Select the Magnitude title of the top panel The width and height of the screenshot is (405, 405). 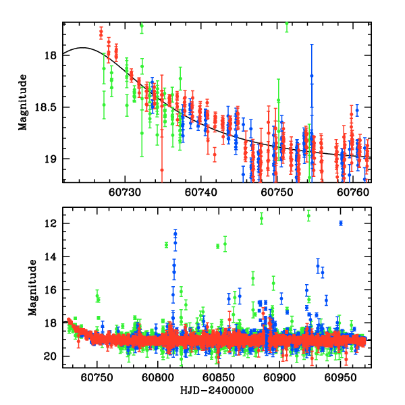click(24, 102)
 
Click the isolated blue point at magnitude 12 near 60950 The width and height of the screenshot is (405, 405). click(341, 223)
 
